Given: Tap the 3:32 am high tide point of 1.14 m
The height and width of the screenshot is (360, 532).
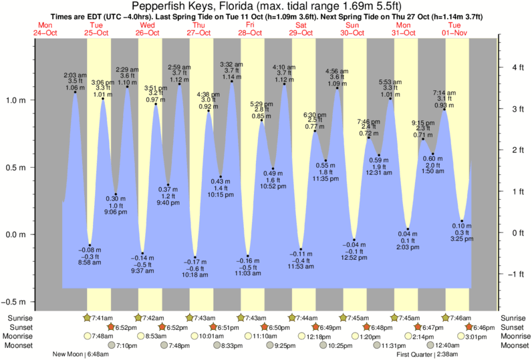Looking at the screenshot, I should (x=232, y=81).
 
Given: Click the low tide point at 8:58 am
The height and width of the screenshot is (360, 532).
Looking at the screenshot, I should (x=90, y=245).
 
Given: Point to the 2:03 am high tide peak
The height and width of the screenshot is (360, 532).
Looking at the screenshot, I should (x=75, y=92).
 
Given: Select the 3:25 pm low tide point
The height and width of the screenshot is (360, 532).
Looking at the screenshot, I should (x=462, y=221).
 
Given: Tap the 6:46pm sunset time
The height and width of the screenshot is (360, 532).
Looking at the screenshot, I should (x=483, y=327).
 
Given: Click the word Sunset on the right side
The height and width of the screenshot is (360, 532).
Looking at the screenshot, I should (x=512, y=327).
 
